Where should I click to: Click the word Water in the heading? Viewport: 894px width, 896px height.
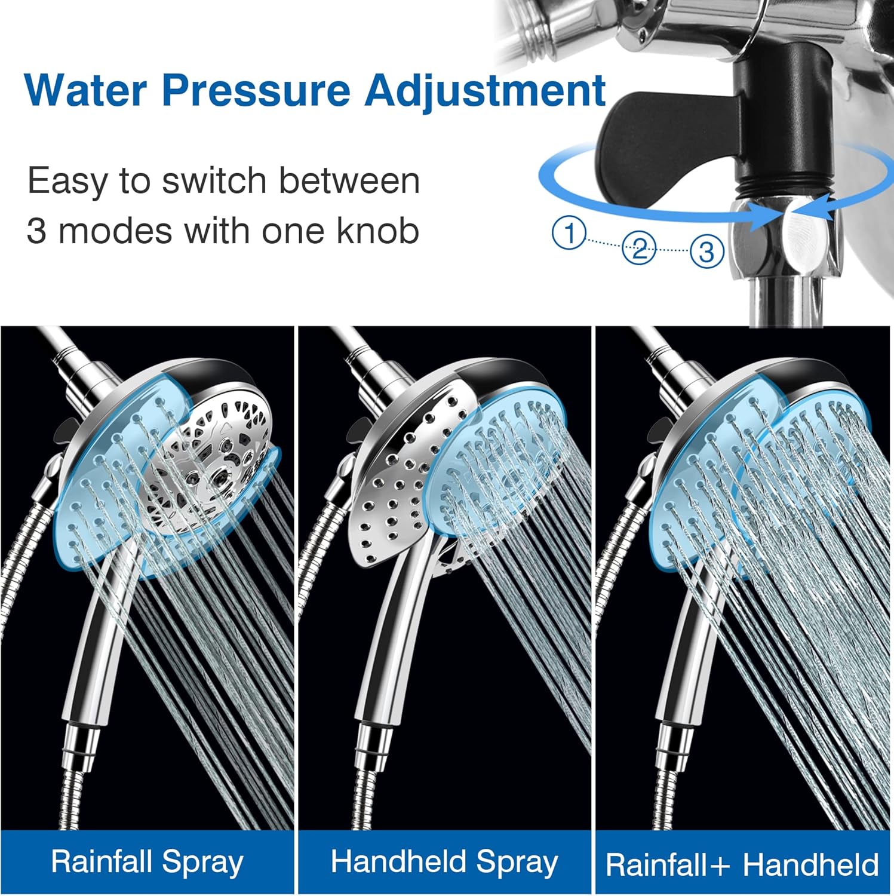(86, 90)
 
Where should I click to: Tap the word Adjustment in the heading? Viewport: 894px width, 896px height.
(485, 91)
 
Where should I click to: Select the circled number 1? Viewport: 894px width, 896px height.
(569, 234)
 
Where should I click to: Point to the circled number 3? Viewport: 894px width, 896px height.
(706, 251)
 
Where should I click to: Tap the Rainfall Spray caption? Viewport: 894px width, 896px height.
(147, 862)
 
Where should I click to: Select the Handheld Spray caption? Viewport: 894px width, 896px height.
(444, 862)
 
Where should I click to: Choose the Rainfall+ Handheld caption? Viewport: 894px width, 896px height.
(742, 864)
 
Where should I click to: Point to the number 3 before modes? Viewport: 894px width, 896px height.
(36, 232)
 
